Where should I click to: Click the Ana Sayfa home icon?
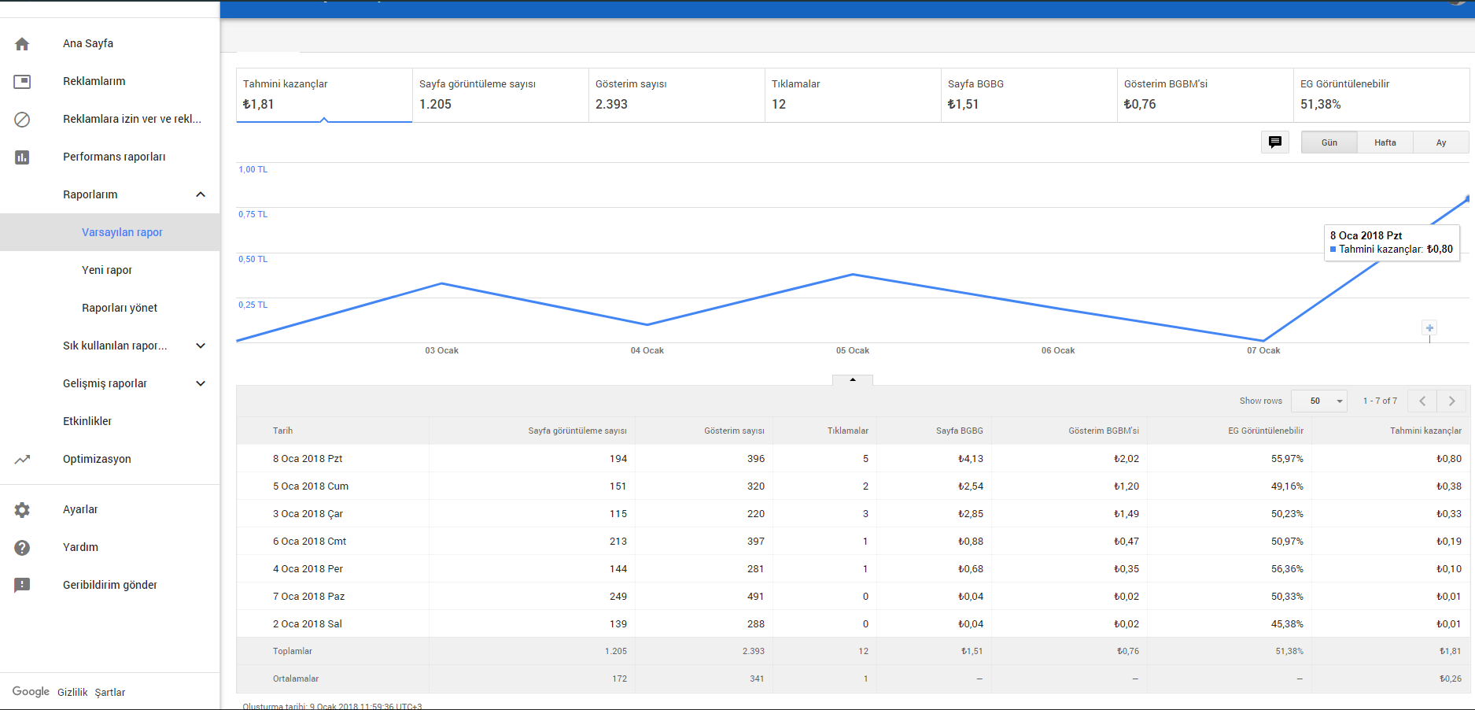pyautogui.click(x=22, y=44)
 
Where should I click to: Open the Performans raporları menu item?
pyautogui.click(x=114, y=157)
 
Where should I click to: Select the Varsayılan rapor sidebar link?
pyautogui.click(x=122, y=232)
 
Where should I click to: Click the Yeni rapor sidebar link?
pyautogui.click(x=107, y=270)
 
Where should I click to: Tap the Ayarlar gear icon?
pyautogui.click(x=22, y=510)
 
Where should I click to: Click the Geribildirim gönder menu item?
pyautogui.click(x=110, y=585)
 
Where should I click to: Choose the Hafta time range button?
pyautogui.click(x=1385, y=142)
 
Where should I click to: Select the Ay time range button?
pyautogui.click(x=1441, y=142)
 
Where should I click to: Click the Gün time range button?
pyautogui.click(x=1329, y=142)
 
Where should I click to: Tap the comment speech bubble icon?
pyautogui.click(x=1275, y=142)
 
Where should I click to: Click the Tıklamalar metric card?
pyautogui.click(x=853, y=95)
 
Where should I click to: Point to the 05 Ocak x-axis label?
pyautogui.click(x=853, y=350)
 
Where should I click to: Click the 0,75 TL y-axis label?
pyautogui.click(x=253, y=214)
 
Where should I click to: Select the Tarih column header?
pyautogui.click(x=282, y=431)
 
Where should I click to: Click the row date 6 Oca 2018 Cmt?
pyautogui.click(x=309, y=542)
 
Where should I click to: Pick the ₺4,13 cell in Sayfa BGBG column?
pyautogui.click(x=971, y=459)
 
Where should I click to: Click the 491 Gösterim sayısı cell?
pyautogui.click(x=756, y=597)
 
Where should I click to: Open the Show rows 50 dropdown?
pyautogui.click(x=1320, y=401)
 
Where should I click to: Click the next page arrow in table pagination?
pyautogui.click(x=1452, y=401)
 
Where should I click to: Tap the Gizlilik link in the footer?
pyautogui.click(x=72, y=693)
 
